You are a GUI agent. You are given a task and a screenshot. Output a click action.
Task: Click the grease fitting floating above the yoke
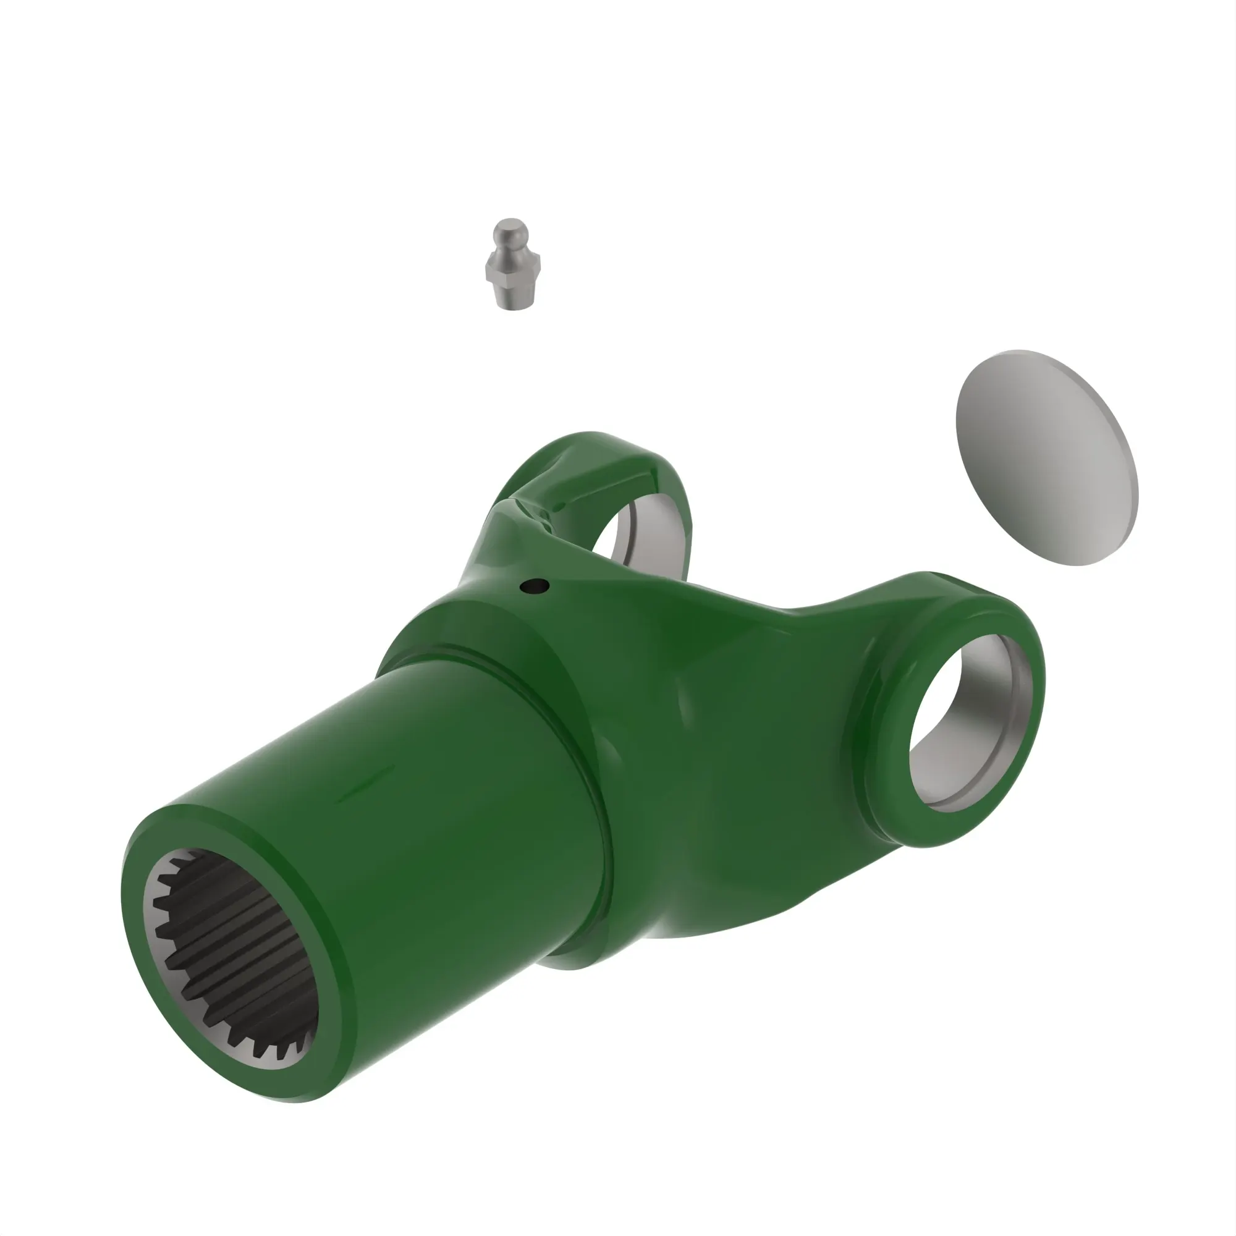(514, 265)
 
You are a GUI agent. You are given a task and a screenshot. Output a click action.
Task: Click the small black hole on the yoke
(535, 585)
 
